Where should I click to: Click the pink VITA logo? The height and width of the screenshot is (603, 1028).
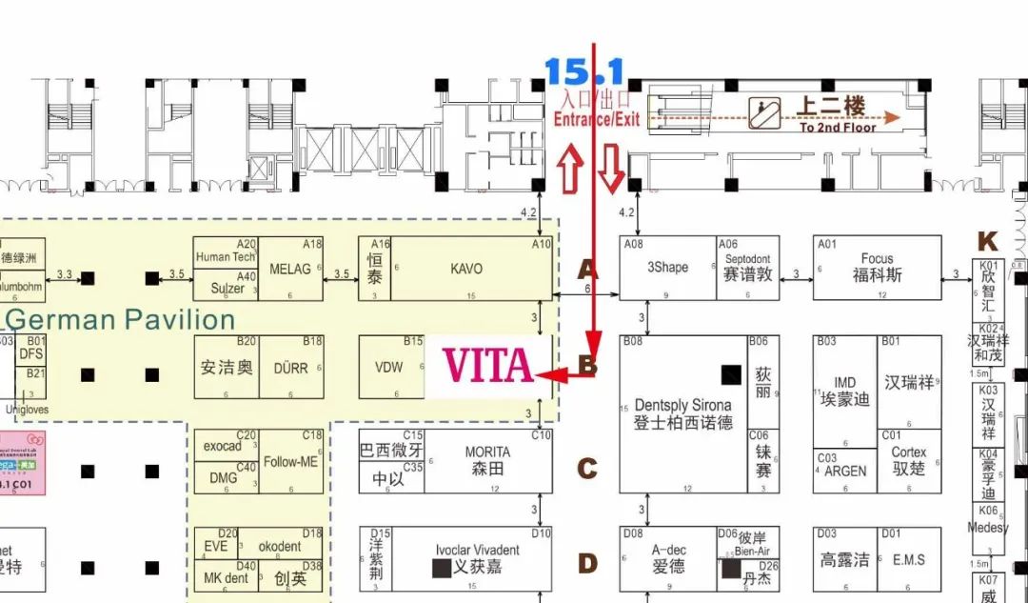[x=487, y=365]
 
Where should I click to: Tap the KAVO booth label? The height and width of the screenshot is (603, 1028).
[x=465, y=269]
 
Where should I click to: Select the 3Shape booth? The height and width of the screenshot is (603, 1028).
[x=667, y=268]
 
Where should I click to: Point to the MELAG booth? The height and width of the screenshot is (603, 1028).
[x=290, y=269]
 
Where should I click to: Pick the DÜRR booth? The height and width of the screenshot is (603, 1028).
[x=290, y=367]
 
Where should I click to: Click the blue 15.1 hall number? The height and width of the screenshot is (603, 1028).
[x=583, y=71]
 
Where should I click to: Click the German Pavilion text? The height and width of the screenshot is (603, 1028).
[x=120, y=319]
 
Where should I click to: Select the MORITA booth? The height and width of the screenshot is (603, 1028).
[x=487, y=461]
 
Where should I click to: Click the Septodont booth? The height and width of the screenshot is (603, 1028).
[x=747, y=268]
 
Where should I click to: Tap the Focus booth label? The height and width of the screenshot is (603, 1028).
[x=877, y=268]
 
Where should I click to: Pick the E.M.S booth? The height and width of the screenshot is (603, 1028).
[x=908, y=559]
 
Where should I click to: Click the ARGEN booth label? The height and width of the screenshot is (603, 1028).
[x=845, y=471]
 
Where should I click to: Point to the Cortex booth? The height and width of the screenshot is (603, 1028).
[x=908, y=461]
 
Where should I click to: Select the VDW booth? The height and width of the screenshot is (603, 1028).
[x=389, y=367]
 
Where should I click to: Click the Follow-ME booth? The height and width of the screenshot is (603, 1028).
[x=290, y=462]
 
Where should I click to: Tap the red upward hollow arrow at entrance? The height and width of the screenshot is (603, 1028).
[x=570, y=170]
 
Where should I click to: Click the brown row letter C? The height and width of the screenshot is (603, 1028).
[x=588, y=469]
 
